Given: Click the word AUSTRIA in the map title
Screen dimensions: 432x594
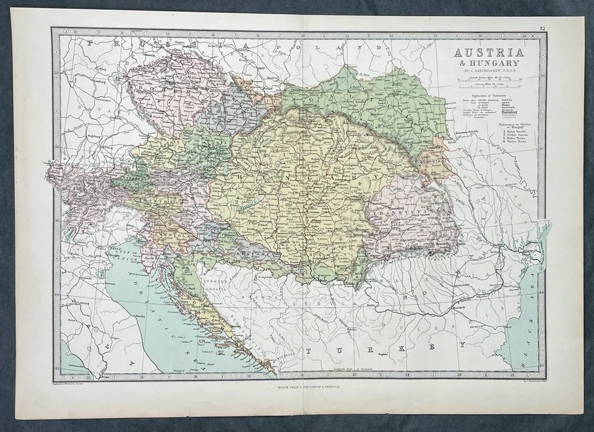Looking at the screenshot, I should coord(489,52).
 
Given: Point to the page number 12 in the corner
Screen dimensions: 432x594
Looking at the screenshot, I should coord(542,28).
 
